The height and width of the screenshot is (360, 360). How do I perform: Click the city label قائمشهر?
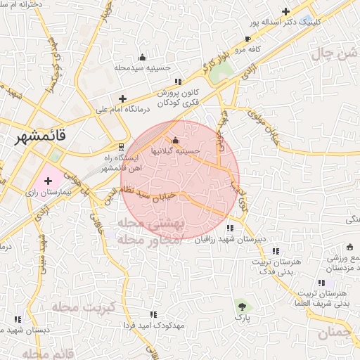[42, 138]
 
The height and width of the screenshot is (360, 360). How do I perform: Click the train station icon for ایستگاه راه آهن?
[122, 148]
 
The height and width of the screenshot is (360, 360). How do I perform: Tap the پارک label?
[243, 319]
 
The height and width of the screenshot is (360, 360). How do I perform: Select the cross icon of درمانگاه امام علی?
[123, 98]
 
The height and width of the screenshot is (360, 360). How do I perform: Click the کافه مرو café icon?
[247, 39]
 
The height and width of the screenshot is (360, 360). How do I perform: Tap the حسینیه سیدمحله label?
[143, 68]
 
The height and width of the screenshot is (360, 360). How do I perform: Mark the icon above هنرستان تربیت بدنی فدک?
[276, 250]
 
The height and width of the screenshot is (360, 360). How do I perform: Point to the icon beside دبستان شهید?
[17, 319]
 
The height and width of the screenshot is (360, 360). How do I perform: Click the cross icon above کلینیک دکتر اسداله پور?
[285, 11]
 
